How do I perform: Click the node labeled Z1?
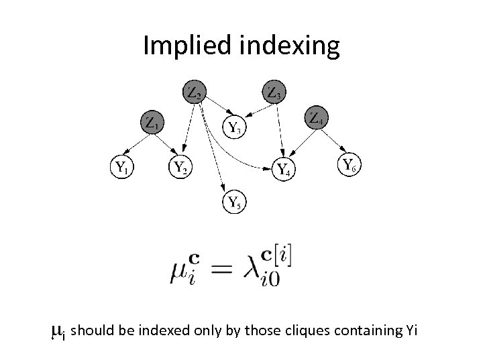click(152, 123)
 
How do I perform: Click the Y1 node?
click(121, 166)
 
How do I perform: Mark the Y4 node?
click(285, 168)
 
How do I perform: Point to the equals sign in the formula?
click(224, 269)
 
